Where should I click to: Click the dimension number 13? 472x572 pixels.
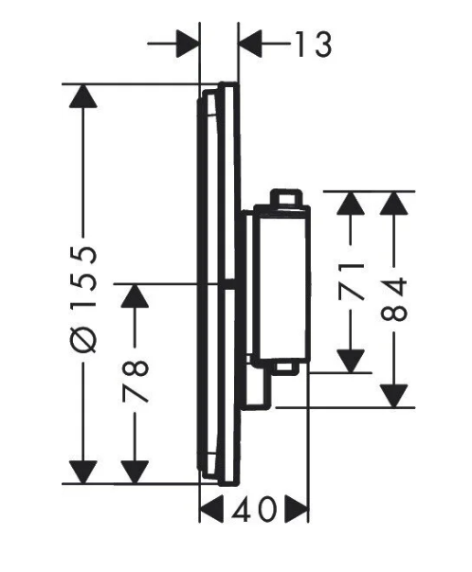[313, 45]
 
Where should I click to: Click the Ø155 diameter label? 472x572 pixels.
[83, 300]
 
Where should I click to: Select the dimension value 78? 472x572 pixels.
[136, 382]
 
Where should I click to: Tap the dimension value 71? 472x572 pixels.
[352, 281]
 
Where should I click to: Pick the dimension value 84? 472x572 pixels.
[394, 299]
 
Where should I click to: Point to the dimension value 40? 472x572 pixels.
[254, 509]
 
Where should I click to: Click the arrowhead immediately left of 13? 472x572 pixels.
[250, 45]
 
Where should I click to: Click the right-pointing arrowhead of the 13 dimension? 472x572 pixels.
[188, 45]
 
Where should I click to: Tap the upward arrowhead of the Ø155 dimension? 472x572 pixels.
[83, 96]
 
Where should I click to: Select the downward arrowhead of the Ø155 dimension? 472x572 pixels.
[83, 472]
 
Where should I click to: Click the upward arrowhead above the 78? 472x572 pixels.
[135, 295]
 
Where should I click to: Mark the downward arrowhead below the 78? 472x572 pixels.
[135, 472]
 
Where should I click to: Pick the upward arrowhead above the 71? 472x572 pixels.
[351, 203]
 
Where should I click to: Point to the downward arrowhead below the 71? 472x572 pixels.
[351, 361]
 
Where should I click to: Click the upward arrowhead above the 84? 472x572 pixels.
[394, 203]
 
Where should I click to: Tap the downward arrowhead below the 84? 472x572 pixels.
[394, 396]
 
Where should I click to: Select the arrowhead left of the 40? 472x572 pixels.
[211, 509]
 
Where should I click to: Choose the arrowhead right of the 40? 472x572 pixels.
[297, 509]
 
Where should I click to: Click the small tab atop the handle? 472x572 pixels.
[286, 198]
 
